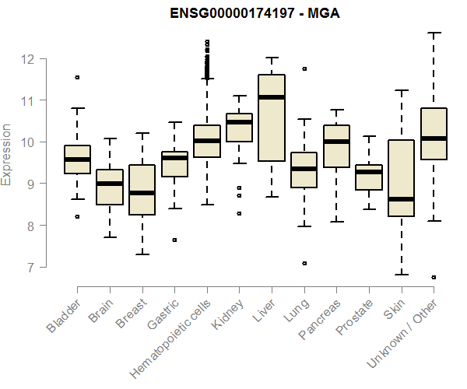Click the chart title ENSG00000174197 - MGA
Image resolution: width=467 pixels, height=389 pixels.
tap(233, 14)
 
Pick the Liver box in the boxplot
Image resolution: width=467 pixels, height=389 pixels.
tap(272, 117)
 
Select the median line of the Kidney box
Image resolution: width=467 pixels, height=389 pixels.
tap(239, 122)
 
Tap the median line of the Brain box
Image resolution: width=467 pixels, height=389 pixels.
tap(110, 184)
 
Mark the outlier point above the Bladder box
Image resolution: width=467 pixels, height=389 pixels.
tap(77, 77)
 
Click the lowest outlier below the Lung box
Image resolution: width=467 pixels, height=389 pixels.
tap(304, 263)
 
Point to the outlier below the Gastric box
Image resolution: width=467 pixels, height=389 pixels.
tap(174, 240)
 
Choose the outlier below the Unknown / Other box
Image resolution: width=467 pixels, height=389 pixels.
tap(434, 277)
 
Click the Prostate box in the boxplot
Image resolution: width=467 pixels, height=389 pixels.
tap(368, 177)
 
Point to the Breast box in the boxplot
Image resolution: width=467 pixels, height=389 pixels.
tap(142, 190)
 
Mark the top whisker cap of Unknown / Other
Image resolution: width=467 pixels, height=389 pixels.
tap(434, 33)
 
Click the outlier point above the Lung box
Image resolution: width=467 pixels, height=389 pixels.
tap(304, 68)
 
